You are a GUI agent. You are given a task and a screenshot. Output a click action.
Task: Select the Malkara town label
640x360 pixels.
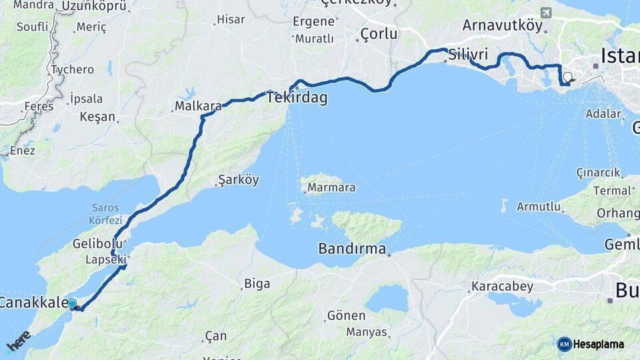pyautogui.click(x=197, y=106)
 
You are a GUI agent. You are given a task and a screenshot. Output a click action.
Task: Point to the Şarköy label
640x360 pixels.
pyautogui.click(x=239, y=180)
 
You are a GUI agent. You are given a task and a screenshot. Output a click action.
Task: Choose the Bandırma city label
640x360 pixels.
pyautogui.click(x=352, y=249)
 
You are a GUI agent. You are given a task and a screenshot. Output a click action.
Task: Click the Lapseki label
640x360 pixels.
pyautogui.click(x=106, y=260)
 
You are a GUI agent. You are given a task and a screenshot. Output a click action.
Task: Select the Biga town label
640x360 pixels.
pyautogui.click(x=257, y=284)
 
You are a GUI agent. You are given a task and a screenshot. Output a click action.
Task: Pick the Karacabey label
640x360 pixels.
pyautogui.click(x=502, y=287)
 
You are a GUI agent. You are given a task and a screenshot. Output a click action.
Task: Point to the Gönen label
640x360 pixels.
pyautogui.click(x=346, y=315)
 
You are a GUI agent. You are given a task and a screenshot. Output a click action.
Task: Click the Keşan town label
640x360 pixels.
pyautogui.click(x=97, y=117)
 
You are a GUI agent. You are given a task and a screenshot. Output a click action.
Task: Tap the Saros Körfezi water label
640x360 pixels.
pyautogui.click(x=105, y=214)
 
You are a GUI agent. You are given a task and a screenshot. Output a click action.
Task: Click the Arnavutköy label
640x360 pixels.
pyautogui.click(x=505, y=26)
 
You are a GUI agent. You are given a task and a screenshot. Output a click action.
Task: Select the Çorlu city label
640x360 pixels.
pyautogui.click(x=378, y=34)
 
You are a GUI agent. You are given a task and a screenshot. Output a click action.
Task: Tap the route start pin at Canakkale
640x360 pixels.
pyautogui.click(x=72, y=304)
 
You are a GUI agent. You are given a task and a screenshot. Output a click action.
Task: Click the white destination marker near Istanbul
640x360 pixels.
pyautogui.click(x=567, y=77)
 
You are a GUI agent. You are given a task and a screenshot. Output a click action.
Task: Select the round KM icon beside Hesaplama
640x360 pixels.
pyautogui.click(x=564, y=344)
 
